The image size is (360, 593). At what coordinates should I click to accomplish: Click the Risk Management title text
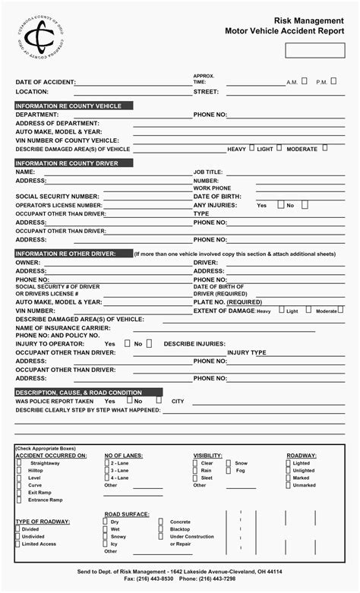coord(309,22)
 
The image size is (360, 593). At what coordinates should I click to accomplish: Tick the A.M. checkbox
coord(305,80)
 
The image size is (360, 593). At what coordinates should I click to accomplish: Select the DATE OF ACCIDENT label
coord(46,82)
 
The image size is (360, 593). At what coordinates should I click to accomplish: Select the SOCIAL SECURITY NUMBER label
coord(57,196)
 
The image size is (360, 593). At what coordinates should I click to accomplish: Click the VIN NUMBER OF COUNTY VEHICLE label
coord(67,140)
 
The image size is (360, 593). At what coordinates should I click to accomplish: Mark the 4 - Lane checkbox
coord(107,478)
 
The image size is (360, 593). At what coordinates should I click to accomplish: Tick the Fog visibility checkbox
coord(229,470)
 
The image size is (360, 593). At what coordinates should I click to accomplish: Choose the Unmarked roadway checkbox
coord(289,485)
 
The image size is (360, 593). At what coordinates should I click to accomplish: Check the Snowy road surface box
coord(107,536)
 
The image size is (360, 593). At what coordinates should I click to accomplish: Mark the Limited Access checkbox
coord(18,544)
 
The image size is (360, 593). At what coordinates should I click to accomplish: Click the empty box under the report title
coord(314,50)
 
